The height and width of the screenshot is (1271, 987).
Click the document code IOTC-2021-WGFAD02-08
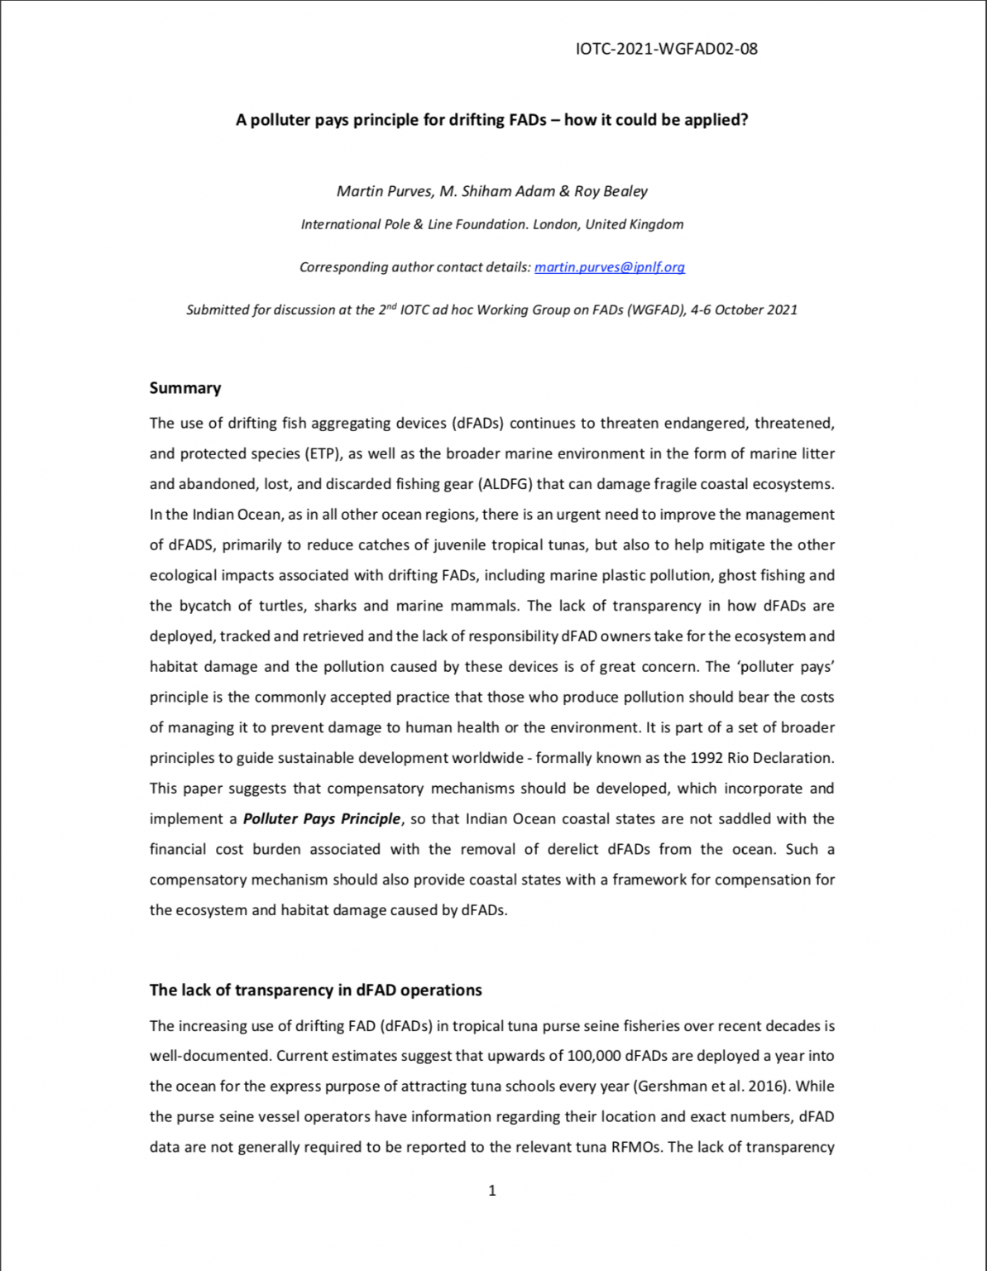[x=666, y=49]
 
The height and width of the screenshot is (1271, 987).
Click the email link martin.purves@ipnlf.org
[x=610, y=267]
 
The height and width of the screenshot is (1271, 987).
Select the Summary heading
[x=185, y=388]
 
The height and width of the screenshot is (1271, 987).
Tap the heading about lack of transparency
[x=315, y=990]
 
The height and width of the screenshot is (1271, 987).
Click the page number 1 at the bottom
[x=492, y=1191]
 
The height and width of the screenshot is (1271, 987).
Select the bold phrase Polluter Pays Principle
[x=322, y=819]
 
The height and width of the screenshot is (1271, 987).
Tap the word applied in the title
[x=716, y=120]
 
